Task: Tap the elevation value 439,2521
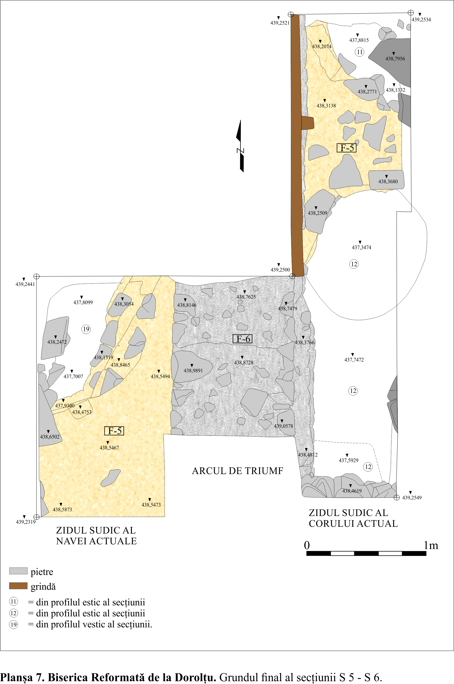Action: click(280, 23)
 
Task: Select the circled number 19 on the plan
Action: click(86, 329)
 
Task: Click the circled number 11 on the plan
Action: click(360, 52)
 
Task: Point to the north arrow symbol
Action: click(240, 146)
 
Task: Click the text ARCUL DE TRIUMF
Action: click(237, 471)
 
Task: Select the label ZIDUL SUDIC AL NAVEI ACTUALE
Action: click(96, 536)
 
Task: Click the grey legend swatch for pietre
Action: click(18, 571)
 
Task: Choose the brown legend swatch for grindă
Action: click(18, 586)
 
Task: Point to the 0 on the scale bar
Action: click(307, 545)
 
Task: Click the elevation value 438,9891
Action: click(193, 370)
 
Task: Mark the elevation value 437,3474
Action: click(361, 247)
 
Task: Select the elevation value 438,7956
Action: click(395, 59)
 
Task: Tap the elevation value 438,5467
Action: click(109, 448)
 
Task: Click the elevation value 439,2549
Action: click(412, 498)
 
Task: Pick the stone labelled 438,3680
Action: click(386, 180)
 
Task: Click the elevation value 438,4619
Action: click(352, 491)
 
